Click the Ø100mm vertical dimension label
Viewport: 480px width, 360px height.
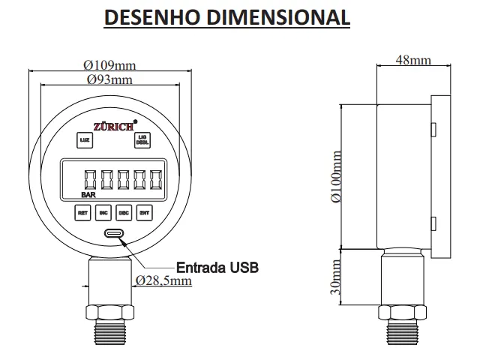point(335,177)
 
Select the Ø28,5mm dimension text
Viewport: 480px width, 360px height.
point(163,280)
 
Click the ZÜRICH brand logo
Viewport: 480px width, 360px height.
point(112,126)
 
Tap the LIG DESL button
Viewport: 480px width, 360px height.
point(141,139)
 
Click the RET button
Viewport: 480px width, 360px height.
point(83,212)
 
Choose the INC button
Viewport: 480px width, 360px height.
point(104,212)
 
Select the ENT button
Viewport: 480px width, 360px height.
point(145,212)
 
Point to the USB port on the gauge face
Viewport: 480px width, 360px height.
point(114,233)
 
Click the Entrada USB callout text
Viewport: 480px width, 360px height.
point(217,267)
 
